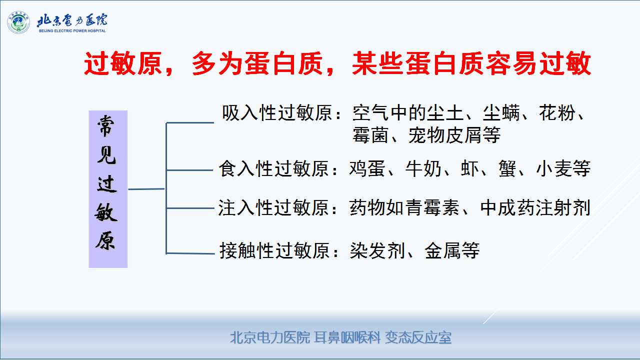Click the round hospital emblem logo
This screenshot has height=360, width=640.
18,22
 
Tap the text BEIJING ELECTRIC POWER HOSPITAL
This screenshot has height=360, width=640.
72,31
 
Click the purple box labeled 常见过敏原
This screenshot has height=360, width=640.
108,189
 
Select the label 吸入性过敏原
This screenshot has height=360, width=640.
277,113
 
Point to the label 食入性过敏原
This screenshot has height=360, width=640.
273,168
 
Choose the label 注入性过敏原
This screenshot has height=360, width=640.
273,207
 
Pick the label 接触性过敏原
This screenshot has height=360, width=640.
274,251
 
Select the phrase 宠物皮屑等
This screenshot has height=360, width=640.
454,135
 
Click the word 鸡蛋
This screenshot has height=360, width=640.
367,168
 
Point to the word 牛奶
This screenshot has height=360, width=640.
423,168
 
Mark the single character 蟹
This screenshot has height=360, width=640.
507,168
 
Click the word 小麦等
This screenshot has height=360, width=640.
563,168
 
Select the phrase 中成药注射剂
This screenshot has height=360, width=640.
535,207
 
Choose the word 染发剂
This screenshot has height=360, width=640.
377,251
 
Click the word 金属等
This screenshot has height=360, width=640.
452,251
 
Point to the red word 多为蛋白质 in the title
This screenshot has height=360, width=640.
257,63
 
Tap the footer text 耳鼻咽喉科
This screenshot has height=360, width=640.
347,337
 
